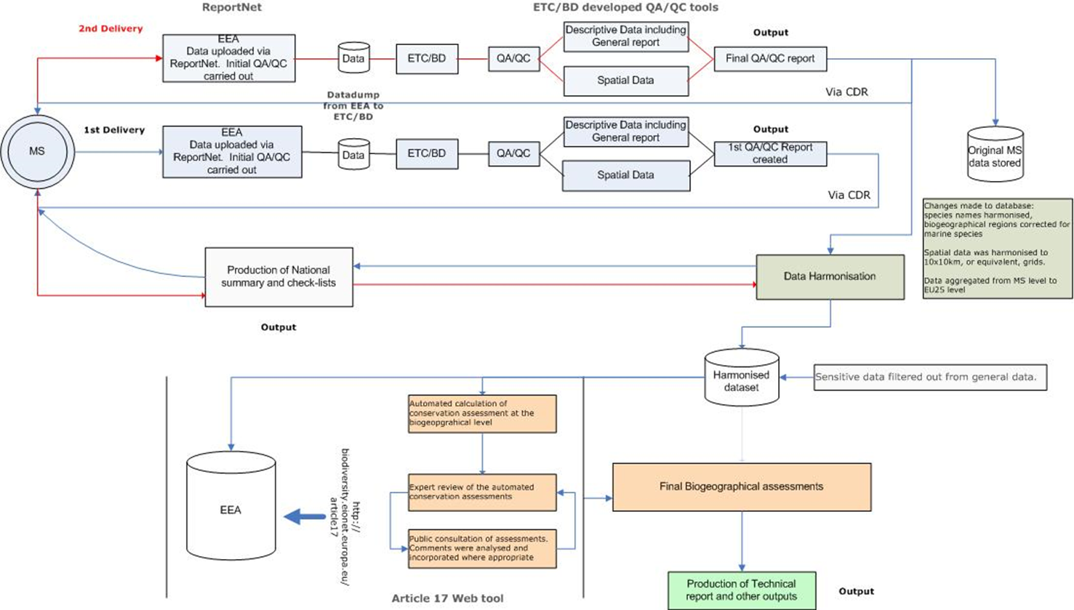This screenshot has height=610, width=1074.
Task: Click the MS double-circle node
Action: [x=37, y=152]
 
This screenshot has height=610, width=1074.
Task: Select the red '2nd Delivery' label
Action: [x=111, y=29]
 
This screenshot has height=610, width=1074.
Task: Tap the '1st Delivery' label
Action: [x=114, y=130]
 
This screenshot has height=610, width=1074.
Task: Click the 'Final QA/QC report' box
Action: [x=770, y=59]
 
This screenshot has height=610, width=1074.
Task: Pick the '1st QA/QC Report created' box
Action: [x=770, y=153]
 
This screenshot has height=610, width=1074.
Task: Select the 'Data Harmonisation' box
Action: [x=830, y=276]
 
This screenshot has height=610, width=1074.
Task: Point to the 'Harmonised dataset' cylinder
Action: [x=741, y=378]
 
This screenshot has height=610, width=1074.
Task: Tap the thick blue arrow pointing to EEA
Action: [x=305, y=517]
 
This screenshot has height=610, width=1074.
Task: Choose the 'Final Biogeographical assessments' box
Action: [x=741, y=487]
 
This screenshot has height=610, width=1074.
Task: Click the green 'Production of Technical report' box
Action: [x=741, y=590]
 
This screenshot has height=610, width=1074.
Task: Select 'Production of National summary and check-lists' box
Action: [x=278, y=277]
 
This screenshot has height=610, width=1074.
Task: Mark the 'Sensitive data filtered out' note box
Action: [x=929, y=377]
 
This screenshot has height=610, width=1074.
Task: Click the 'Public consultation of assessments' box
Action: [x=482, y=549]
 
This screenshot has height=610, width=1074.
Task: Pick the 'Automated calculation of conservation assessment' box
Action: [x=482, y=414]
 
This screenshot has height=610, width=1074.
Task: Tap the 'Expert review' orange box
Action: [x=482, y=492]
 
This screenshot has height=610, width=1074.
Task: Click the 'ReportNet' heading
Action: [x=231, y=7]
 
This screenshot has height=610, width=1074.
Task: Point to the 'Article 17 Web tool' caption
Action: [x=447, y=598]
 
